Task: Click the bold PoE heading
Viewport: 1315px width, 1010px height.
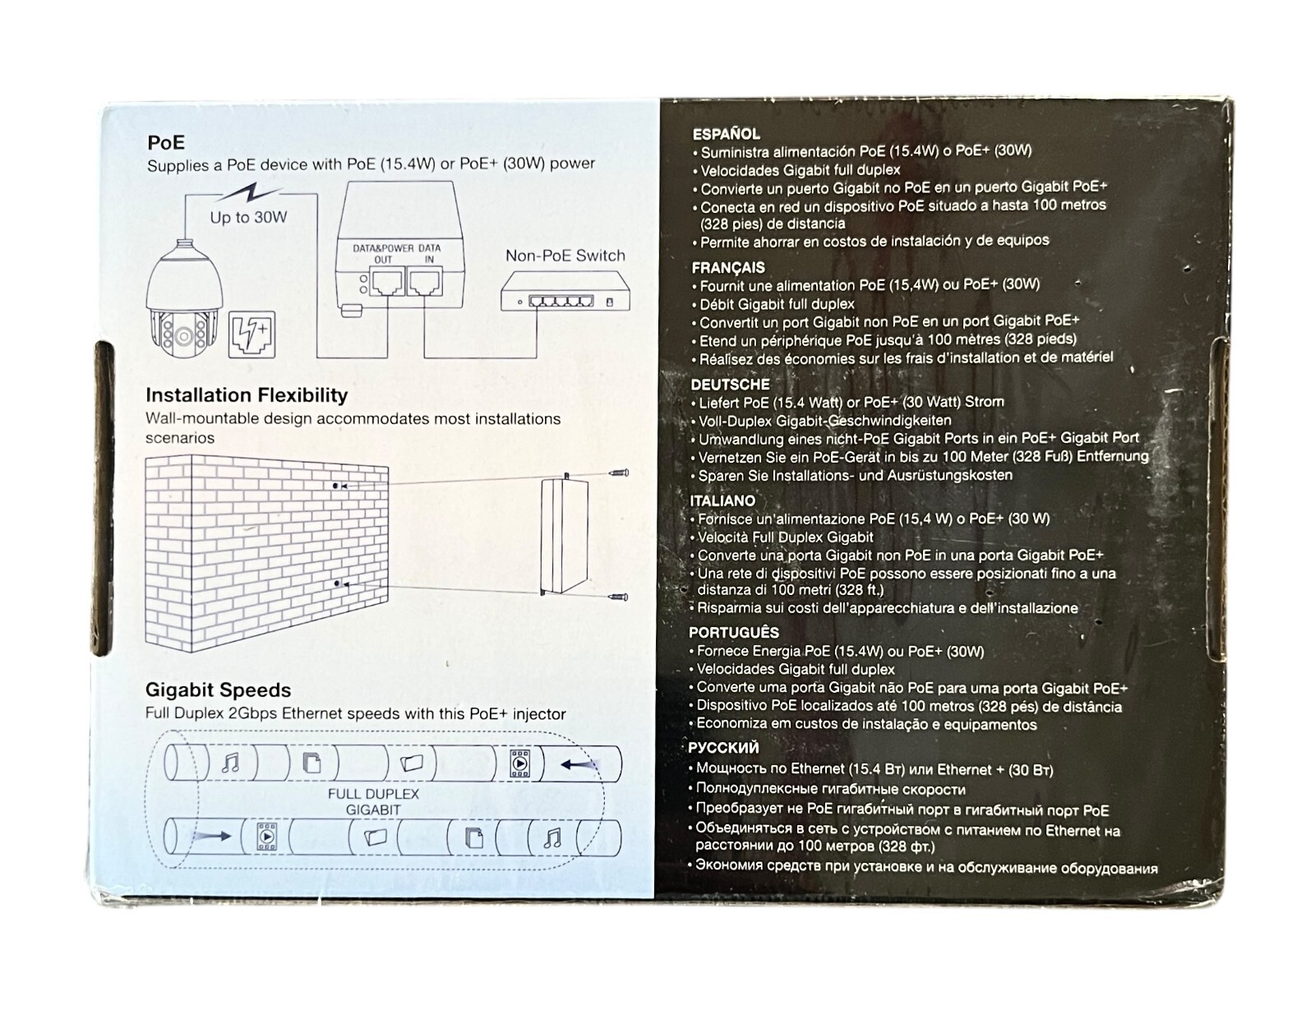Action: pos(166,143)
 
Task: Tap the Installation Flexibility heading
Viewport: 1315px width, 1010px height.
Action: pos(247,395)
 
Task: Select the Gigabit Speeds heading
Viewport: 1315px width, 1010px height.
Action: pos(218,689)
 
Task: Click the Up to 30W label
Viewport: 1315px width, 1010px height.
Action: pos(248,217)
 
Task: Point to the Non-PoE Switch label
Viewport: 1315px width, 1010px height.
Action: pos(565,256)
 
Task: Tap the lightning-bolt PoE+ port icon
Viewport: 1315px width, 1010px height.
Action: pos(251,334)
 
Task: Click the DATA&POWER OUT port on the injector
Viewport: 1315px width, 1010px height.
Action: pos(386,283)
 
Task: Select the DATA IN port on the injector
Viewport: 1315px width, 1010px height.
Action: pos(425,283)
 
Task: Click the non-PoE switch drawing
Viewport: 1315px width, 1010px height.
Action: pos(565,292)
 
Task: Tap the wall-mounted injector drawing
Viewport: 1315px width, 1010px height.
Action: pos(564,535)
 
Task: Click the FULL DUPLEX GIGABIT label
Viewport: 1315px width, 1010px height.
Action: pos(373,802)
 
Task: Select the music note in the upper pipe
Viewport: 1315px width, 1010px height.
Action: pos(230,763)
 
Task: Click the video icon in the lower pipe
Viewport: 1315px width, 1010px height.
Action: pos(267,837)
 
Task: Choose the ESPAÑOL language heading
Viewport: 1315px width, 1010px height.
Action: pos(727,134)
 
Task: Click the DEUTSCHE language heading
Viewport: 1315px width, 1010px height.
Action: pos(731,385)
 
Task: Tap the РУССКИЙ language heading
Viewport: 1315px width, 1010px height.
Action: pos(724,748)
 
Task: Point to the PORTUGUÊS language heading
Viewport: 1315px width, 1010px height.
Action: pos(734,633)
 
